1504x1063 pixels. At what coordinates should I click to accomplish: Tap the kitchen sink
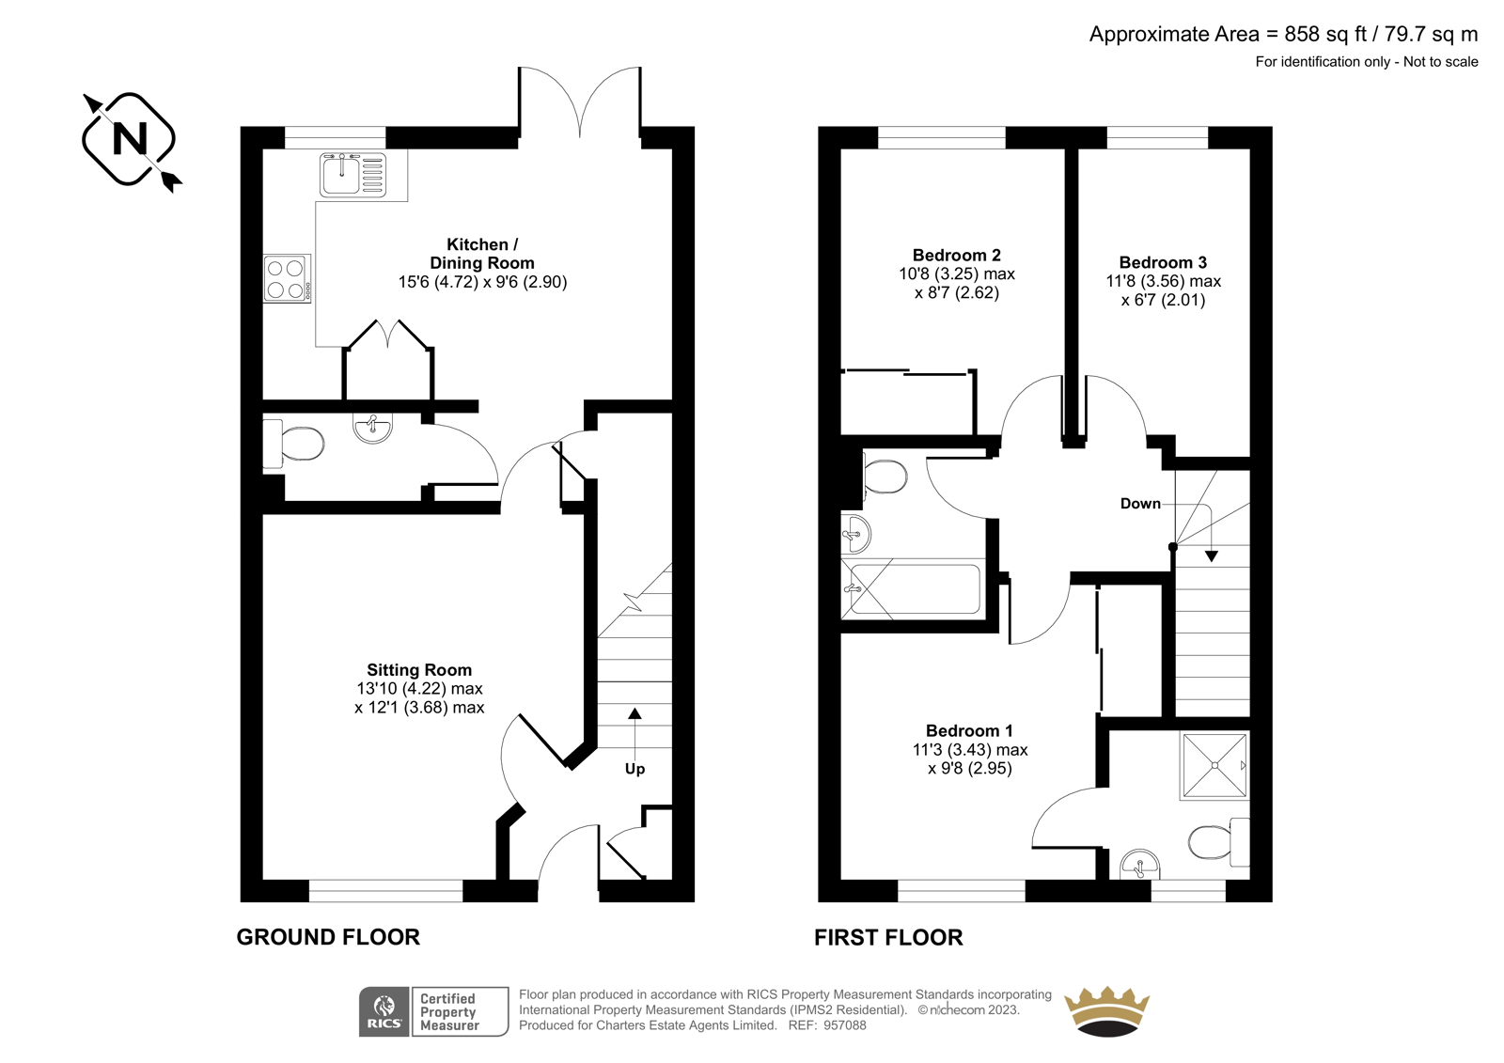(353, 175)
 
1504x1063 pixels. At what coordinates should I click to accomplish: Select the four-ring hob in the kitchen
(287, 278)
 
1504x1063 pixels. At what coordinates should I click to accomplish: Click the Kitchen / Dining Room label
(482, 254)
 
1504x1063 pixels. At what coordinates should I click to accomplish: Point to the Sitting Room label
(419, 669)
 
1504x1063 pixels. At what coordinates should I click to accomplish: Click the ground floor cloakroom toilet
(293, 444)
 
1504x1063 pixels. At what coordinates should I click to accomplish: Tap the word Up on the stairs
(634, 769)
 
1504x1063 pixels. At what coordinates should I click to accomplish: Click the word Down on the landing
(1140, 504)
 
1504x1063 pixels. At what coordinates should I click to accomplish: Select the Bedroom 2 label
(956, 255)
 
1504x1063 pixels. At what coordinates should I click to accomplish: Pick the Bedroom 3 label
(1163, 262)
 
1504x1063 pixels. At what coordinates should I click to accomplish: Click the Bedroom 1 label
(969, 730)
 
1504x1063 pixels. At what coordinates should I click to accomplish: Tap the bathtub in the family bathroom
(913, 589)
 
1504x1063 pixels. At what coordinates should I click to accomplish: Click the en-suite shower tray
(1214, 765)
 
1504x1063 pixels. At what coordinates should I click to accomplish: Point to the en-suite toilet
(1218, 842)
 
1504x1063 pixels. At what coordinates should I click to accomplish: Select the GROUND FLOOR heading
(328, 937)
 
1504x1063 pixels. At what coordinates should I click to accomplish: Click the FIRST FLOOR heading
(888, 937)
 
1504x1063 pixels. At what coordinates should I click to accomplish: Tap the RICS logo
(384, 1011)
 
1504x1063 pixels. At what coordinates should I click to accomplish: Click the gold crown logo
(1106, 1011)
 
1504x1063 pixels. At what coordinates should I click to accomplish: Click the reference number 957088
(845, 1025)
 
